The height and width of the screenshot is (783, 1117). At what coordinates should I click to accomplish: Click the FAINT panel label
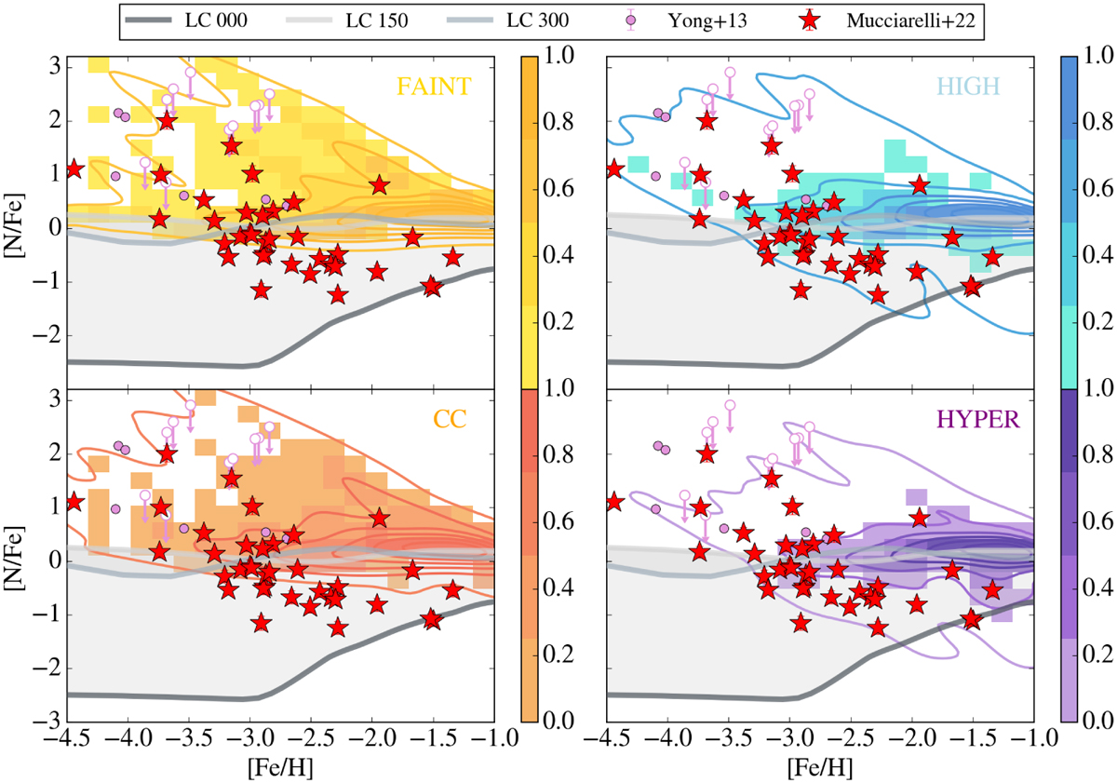434,87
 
